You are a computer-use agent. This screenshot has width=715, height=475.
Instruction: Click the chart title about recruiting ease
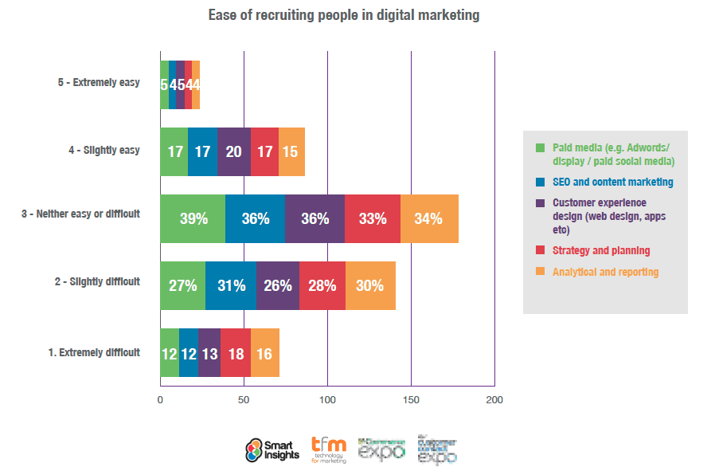coord(344,15)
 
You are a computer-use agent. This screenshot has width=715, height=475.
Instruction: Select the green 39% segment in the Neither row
coord(193,218)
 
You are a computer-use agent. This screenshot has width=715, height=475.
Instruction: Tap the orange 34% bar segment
coord(429,218)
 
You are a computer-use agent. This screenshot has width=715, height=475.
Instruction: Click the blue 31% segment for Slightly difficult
coord(231,285)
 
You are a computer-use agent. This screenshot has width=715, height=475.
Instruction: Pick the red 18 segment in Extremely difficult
coord(236,352)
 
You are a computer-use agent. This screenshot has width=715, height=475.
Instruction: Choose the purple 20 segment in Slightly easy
coord(234,151)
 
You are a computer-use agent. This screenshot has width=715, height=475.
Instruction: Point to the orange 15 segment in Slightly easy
coord(291,151)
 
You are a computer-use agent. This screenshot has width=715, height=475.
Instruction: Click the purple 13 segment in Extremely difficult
coord(209,352)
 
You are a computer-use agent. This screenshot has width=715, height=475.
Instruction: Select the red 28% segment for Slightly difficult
coord(322,285)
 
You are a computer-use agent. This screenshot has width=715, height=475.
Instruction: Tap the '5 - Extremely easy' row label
coord(99,82)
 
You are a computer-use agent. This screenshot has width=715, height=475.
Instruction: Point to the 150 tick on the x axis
coord(411,399)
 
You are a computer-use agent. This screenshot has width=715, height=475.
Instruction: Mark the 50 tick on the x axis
coord(244,399)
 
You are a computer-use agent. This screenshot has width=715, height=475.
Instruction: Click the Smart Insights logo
coord(272,450)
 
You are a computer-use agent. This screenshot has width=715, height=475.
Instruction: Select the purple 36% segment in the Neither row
coord(315,218)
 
